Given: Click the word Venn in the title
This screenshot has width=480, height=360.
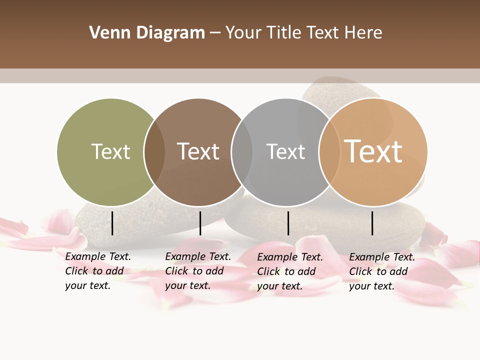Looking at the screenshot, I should [x=110, y=33].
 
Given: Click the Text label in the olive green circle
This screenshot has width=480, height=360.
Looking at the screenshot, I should [x=110, y=151].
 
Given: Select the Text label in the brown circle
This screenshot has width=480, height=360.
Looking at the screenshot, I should [x=198, y=151].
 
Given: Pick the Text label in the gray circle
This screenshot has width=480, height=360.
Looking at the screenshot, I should [x=285, y=151].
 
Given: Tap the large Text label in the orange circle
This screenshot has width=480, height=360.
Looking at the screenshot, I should [x=373, y=151].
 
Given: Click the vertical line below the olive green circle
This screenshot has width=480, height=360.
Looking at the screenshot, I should [x=112, y=223].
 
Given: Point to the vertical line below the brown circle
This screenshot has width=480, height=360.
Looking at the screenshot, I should [x=200, y=223].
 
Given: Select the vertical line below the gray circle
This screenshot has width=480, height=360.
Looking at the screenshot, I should [x=288, y=223].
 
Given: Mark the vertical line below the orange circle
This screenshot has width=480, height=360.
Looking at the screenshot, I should [x=372, y=223].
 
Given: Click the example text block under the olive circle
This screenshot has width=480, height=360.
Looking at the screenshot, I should [x=97, y=271].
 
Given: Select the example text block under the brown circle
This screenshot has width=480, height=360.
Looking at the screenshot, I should [x=197, y=271].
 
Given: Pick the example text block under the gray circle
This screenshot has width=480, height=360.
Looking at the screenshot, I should [x=289, y=271].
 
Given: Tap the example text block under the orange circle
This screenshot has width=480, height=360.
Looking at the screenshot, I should [x=381, y=271].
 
